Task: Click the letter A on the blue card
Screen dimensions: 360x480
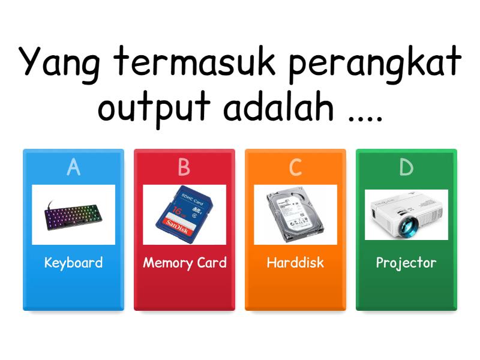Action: click(x=73, y=168)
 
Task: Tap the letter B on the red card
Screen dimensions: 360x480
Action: click(x=184, y=168)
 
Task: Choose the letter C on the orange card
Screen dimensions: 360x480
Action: click(x=295, y=168)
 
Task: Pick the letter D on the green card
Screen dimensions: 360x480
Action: click(x=406, y=168)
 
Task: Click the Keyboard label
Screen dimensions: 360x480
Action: click(x=73, y=263)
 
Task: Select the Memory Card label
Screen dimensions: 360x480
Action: click(x=184, y=263)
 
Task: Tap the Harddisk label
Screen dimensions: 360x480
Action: click(x=295, y=263)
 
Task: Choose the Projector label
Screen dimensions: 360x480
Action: click(x=406, y=263)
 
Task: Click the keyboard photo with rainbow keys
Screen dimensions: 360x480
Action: click(x=73, y=215)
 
